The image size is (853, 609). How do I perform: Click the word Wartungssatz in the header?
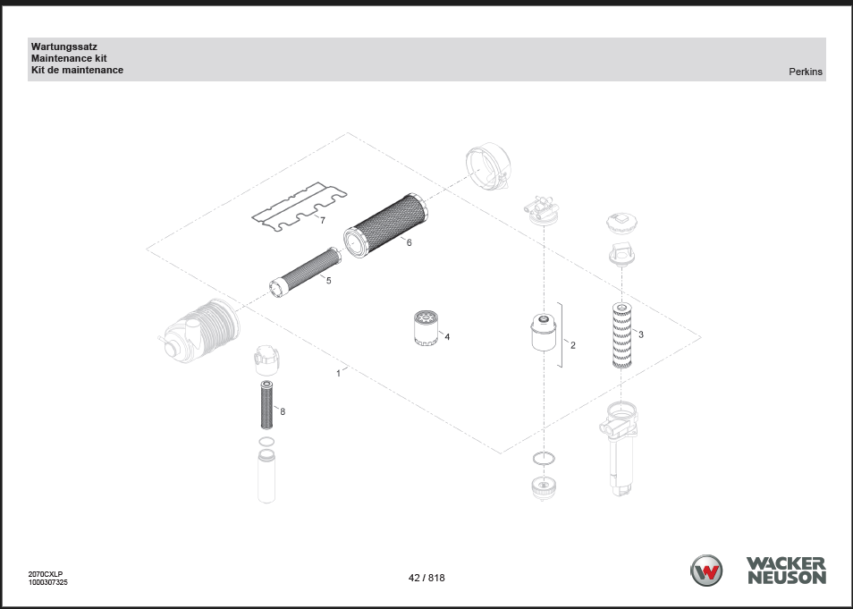coord(64,47)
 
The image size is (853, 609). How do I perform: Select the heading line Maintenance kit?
coord(69,58)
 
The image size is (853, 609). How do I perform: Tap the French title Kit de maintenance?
coord(77,70)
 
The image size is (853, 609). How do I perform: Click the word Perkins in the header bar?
coord(806,72)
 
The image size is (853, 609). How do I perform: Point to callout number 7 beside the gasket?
coord(323,220)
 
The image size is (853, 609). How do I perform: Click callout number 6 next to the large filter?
coord(410,242)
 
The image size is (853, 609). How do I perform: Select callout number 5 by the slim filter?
coord(328,280)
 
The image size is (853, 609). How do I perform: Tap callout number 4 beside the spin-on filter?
coord(447,337)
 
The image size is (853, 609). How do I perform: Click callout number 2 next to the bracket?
coord(573,345)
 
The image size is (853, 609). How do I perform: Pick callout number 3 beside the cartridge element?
coord(641,334)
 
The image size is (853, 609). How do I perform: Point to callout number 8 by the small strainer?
coord(283,411)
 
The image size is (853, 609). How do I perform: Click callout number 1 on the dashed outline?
coord(338,373)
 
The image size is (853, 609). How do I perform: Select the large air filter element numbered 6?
coord(385,226)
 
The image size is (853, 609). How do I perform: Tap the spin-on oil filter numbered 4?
coord(426,327)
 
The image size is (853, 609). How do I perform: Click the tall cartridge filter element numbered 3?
coord(621,335)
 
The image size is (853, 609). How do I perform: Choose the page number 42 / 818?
coord(426,578)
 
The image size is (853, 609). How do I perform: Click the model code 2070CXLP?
coord(46,574)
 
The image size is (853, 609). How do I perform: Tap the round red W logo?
coord(706,571)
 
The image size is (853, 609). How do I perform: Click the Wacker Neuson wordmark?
coord(787,571)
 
